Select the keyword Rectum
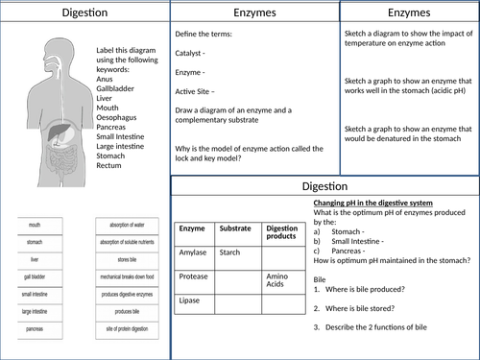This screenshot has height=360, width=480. point(109,166)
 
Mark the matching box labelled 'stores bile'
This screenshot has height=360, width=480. point(128,258)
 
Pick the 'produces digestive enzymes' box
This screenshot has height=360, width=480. point(128,294)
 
